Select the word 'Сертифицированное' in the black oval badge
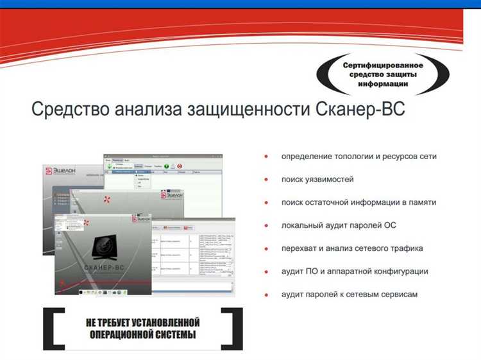pyautogui.click(x=383, y=65)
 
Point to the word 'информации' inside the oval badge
pyautogui.click(x=383, y=85)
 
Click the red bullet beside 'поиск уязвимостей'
pyautogui.click(x=266, y=179)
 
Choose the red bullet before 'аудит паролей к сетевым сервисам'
pyautogui.click(x=266, y=295)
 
